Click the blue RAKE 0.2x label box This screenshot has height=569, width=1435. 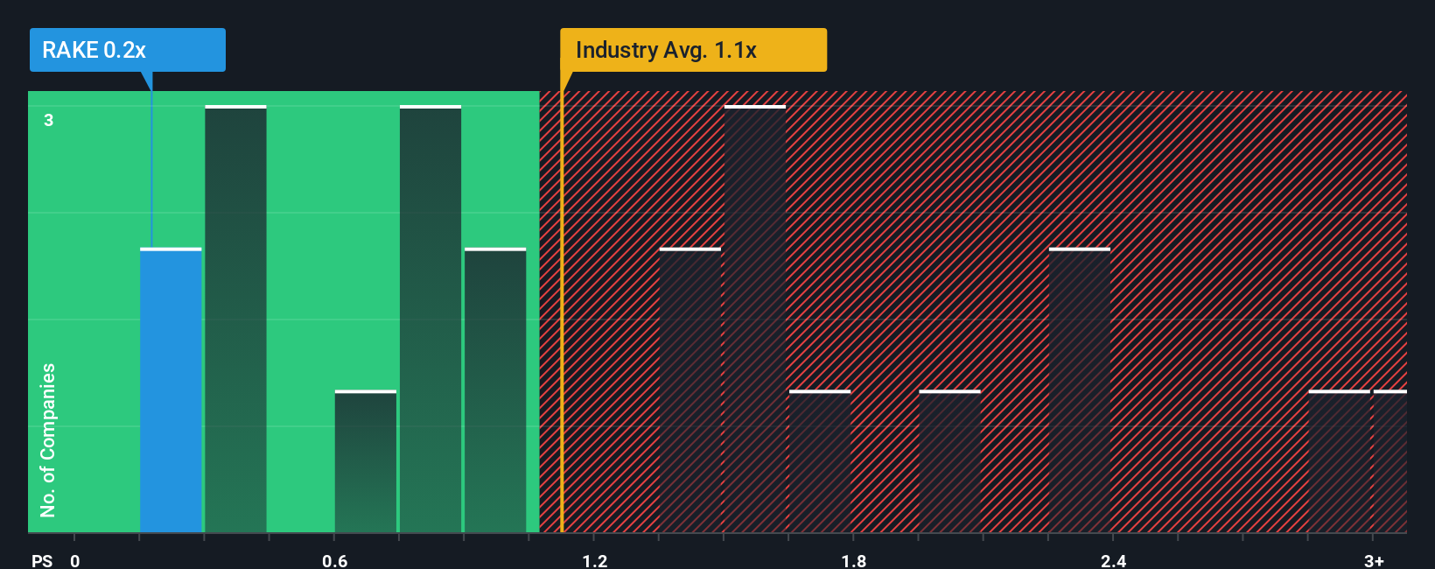pos(127,50)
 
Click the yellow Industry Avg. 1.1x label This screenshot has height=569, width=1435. pos(693,50)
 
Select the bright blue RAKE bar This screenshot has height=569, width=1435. pos(171,390)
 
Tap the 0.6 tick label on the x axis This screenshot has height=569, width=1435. pos(334,560)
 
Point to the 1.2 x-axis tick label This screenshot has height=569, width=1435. pos(594,560)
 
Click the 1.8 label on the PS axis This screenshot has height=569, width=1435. pos(854,560)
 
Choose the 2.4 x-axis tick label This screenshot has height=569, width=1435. pos(1113,560)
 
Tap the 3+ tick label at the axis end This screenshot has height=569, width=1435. pos(1374,560)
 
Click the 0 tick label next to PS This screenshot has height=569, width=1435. pos(75,560)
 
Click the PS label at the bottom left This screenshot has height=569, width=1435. pos(42,560)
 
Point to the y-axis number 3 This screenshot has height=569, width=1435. pos(49,120)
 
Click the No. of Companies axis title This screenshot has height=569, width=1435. pos(48,439)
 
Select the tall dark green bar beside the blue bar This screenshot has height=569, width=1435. pos(235,320)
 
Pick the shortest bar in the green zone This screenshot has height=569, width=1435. pos(366,461)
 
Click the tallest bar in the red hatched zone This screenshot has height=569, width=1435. pos(755,320)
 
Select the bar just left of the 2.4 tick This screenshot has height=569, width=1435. pos(1080,390)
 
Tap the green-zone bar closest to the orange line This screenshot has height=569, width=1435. pos(495,390)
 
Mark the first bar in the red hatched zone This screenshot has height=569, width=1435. pos(690,390)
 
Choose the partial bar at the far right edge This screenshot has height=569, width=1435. pos(1389,461)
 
